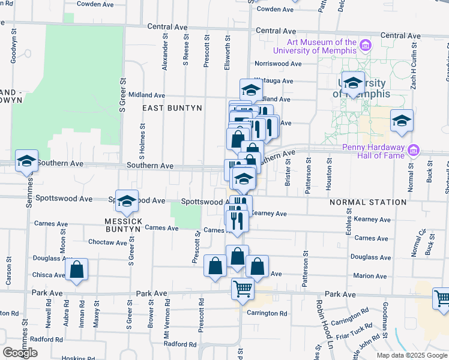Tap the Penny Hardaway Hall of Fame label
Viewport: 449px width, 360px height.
pos(374,152)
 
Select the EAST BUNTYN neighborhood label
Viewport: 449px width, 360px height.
pos(172,107)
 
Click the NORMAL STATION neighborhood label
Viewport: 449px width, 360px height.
pos(368,202)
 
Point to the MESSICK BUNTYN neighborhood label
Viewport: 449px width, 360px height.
pos(124,226)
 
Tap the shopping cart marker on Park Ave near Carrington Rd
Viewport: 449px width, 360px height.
pos(243,289)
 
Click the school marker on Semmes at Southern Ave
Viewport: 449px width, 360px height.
pos(26,161)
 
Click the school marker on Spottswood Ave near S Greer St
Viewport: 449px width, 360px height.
pos(127,202)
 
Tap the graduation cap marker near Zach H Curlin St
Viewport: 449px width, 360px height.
pos(402,121)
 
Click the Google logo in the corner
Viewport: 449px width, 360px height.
pos(20,353)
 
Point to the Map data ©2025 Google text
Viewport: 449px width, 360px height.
pos(412,355)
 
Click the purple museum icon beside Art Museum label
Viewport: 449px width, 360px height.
pos(365,45)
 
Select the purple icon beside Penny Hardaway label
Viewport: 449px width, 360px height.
pos(413,149)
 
